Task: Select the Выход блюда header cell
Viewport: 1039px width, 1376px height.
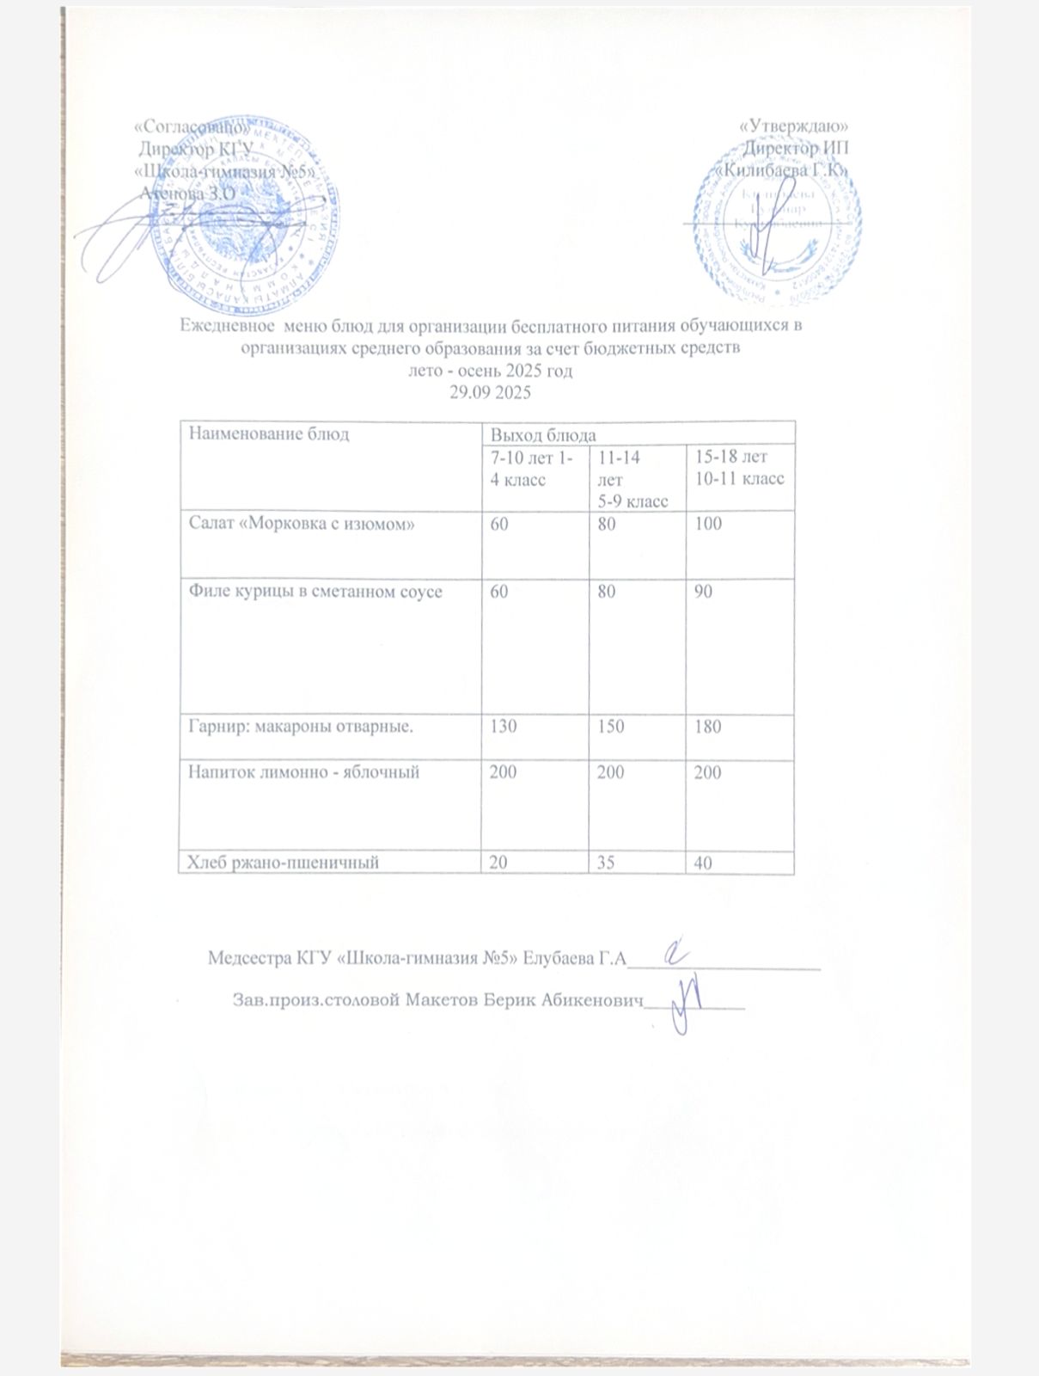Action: point(542,435)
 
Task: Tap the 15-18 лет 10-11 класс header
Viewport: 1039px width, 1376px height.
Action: point(739,468)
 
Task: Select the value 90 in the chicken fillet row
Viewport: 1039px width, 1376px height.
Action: point(704,592)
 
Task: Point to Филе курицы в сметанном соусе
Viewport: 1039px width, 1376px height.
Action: point(315,592)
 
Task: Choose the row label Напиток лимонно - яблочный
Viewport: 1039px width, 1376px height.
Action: point(303,772)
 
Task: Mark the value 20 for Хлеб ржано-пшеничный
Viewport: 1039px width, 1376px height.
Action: point(498,862)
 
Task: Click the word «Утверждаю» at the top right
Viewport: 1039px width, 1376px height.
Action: point(795,126)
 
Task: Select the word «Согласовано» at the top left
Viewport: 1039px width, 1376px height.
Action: point(193,126)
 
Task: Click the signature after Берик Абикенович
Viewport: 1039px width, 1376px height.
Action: point(688,1003)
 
